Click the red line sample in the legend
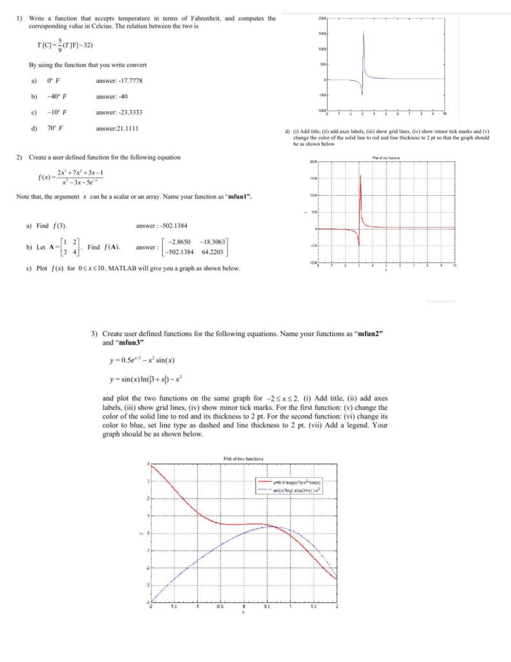[270, 482]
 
